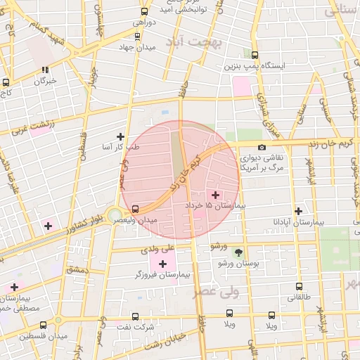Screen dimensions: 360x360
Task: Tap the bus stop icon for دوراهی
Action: click(145, 12)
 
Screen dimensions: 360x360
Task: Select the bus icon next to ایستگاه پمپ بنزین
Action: click(255, 54)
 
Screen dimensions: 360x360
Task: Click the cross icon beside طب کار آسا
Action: click(120, 136)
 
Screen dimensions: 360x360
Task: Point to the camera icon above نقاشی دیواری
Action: click(262, 148)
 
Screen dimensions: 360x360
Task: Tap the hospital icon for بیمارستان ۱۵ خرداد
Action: click(214, 194)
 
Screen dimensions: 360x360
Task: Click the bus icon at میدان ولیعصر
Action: click(135, 209)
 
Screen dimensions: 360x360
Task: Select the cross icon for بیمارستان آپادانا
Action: click(298, 210)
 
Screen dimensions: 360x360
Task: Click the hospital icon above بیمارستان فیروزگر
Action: click(163, 263)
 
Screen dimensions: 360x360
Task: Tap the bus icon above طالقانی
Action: click(299, 286)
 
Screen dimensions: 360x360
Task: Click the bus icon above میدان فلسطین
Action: click(44, 325)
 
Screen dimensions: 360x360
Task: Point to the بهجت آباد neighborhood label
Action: click(192, 42)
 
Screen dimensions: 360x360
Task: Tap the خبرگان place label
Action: click(46, 81)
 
